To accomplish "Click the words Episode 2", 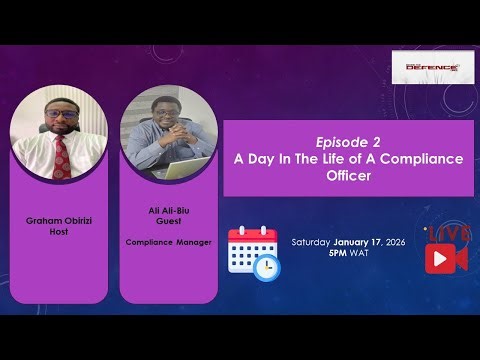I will tap(347, 141).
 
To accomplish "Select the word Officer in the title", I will tap(347, 175).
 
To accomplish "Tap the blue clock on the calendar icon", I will tap(265, 267).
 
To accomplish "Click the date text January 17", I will tap(362, 243).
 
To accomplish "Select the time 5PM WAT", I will tap(347, 255).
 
